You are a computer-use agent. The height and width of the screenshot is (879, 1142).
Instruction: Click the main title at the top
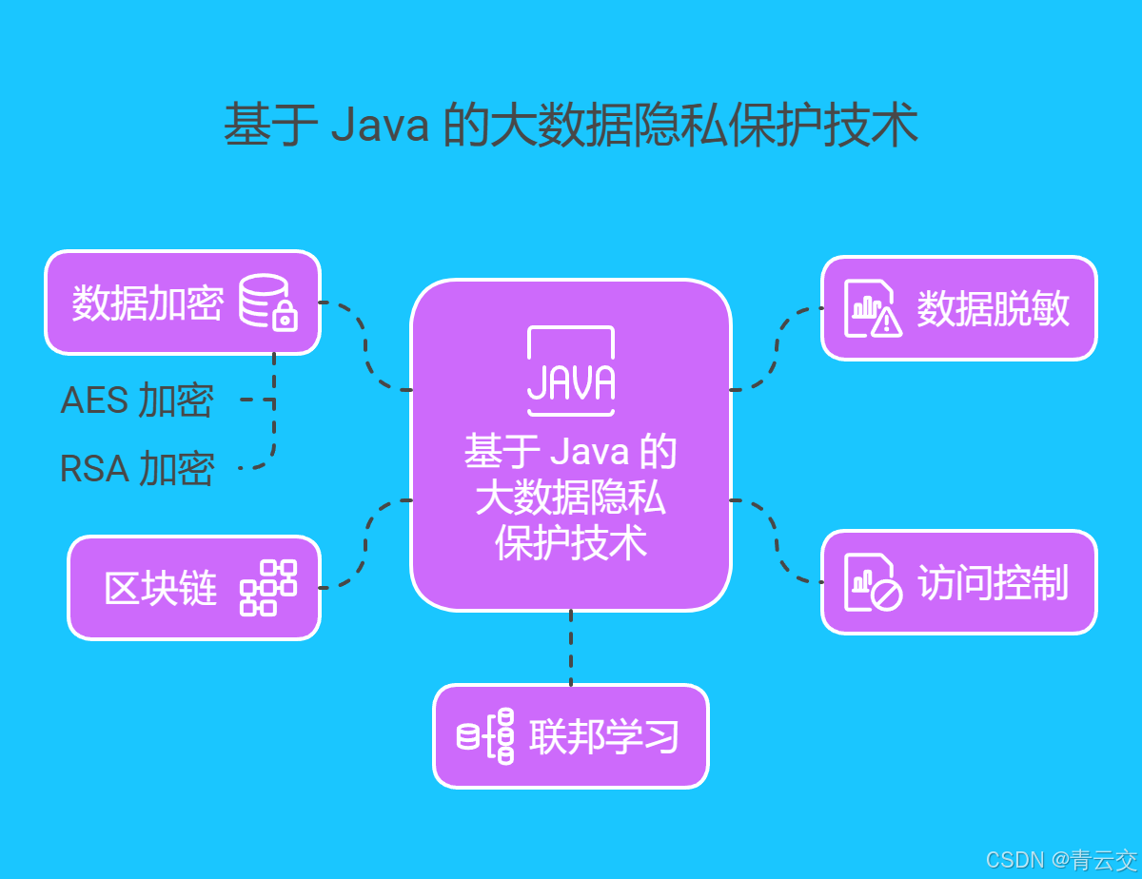pyautogui.click(x=571, y=126)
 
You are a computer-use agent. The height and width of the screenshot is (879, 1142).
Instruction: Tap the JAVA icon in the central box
pyautogui.click(x=571, y=371)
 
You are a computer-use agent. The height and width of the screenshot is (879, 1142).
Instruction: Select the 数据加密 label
pyautogui.click(x=148, y=303)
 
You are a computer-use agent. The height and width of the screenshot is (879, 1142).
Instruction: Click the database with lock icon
pyautogui.click(x=267, y=303)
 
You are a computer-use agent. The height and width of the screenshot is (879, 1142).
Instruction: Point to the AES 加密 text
pyautogui.click(x=137, y=400)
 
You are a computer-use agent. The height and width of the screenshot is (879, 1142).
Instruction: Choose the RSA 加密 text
pyautogui.click(x=137, y=469)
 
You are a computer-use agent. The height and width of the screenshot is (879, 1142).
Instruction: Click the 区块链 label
pyautogui.click(x=161, y=588)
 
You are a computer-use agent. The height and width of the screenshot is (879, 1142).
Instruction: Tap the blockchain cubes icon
pyautogui.click(x=267, y=588)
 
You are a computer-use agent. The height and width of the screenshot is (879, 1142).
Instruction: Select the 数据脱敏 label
pyautogui.click(x=993, y=308)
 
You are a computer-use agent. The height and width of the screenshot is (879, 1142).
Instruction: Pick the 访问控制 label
pyautogui.click(x=993, y=582)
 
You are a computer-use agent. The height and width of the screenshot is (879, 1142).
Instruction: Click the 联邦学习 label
pyautogui.click(x=604, y=736)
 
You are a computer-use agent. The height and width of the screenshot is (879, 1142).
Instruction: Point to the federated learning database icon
pyautogui.click(x=486, y=736)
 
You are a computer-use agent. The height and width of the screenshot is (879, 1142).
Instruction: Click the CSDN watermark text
pyautogui.click(x=1060, y=860)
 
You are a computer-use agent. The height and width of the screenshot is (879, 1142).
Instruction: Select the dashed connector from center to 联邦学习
pyautogui.click(x=571, y=647)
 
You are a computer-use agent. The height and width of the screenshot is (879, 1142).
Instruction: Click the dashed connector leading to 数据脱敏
pyautogui.click(x=776, y=347)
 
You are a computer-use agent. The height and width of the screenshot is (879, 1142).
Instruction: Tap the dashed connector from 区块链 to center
pyautogui.click(x=366, y=542)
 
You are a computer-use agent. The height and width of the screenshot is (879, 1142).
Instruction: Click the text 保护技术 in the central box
pyautogui.click(x=571, y=543)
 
